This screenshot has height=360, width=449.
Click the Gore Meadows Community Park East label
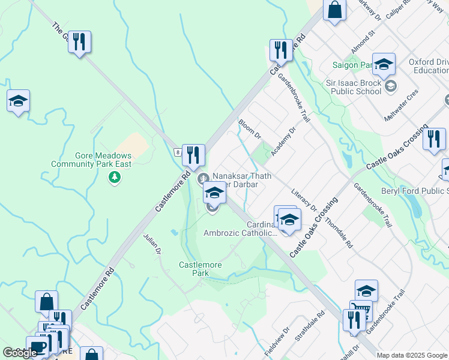(91, 160)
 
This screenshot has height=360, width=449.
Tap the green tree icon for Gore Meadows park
(114, 177)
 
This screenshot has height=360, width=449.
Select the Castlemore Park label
(200, 268)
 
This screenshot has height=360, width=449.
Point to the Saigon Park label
(354, 65)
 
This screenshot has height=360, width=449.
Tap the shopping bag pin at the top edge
(335, 10)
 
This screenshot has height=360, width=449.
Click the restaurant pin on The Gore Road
(79, 42)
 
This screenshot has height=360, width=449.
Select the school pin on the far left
(18, 101)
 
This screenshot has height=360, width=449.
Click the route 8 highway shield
(178, 152)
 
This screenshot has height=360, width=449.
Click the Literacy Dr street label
(304, 200)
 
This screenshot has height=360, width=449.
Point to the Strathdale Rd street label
(310, 326)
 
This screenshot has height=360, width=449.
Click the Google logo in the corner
(20, 353)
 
